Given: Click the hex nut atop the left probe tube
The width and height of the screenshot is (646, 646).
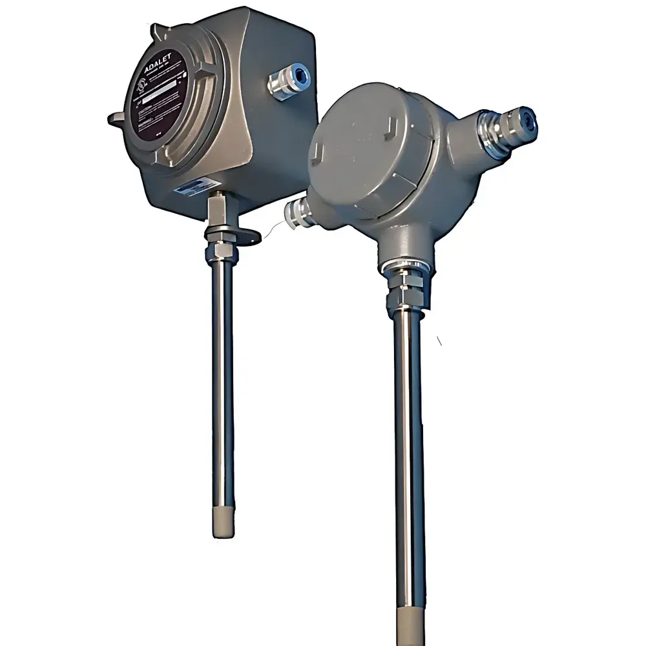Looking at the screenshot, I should (221, 249).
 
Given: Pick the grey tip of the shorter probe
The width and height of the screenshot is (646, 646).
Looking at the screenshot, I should (222, 523).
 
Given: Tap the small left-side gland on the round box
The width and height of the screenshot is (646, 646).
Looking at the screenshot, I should (298, 212).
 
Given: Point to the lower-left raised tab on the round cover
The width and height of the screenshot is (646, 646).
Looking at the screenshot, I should (318, 154).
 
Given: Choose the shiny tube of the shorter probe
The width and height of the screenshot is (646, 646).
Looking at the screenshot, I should (222, 388).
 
